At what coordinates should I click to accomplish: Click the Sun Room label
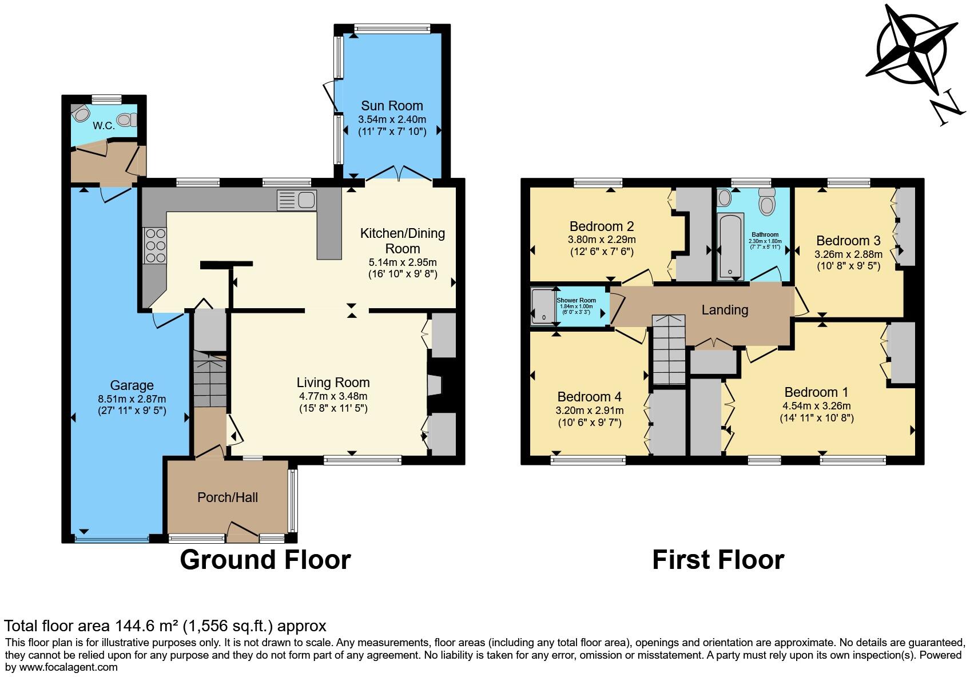(x=392, y=106)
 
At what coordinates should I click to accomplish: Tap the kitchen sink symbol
(x=297, y=201)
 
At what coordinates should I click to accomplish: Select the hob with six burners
(x=155, y=245)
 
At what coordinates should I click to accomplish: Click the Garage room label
(x=132, y=385)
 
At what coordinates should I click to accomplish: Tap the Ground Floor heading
(x=265, y=560)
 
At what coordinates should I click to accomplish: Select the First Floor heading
(x=718, y=560)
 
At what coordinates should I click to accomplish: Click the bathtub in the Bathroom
(x=730, y=246)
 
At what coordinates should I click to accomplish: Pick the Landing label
(x=725, y=310)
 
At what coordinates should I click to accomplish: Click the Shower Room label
(x=576, y=300)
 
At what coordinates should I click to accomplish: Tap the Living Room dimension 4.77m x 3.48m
(x=333, y=396)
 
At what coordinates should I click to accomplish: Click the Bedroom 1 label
(x=816, y=392)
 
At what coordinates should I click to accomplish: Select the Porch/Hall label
(x=228, y=497)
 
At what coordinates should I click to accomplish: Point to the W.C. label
(x=104, y=126)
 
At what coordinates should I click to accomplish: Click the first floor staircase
(x=669, y=350)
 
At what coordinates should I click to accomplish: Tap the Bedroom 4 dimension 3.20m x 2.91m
(x=589, y=411)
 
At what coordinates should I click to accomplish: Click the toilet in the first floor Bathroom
(x=767, y=202)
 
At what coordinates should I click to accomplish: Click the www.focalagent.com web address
(x=69, y=667)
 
